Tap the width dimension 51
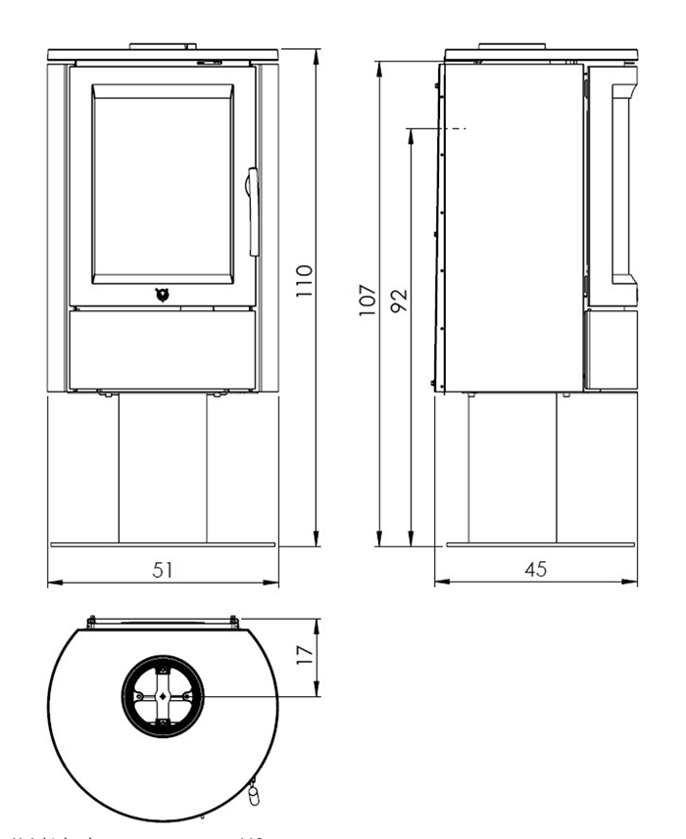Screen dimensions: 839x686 163,570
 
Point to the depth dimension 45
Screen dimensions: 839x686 535,570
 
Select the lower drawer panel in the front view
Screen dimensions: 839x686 163,347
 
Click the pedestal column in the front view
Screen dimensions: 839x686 163,470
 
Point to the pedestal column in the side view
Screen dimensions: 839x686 513,470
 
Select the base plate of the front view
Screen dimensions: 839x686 163,545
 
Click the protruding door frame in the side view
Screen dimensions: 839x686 623,186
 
